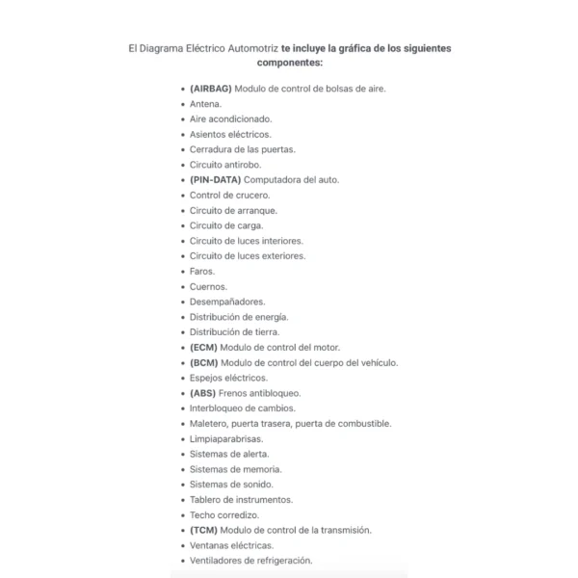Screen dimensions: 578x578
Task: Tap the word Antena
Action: click(205, 104)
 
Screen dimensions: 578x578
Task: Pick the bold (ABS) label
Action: click(203, 393)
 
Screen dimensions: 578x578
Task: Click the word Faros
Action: click(202, 272)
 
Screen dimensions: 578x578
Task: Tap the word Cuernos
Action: click(208, 286)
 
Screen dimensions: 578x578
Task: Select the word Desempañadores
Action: click(227, 302)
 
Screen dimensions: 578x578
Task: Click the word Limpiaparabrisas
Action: click(226, 438)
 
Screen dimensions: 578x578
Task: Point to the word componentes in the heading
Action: click(289, 63)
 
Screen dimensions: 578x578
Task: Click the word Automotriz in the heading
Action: click(250, 46)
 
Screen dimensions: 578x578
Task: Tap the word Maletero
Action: click(209, 423)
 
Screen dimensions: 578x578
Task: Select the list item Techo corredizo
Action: click(224, 514)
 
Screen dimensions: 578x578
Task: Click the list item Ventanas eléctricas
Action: click(231, 545)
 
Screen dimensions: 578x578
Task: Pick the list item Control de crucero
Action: click(229, 196)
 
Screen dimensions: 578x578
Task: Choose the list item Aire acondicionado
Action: click(230, 119)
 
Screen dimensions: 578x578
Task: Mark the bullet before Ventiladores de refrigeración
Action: click(183, 561)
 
